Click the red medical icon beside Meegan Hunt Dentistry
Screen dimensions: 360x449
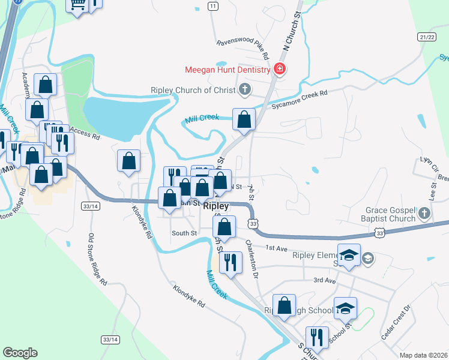(x=279, y=70)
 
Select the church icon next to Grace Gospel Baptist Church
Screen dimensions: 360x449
(x=424, y=214)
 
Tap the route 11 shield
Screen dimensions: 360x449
(x=212, y=6)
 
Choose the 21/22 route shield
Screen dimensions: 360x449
(x=427, y=37)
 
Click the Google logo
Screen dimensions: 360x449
(x=20, y=353)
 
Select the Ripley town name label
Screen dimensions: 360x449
(x=216, y=206)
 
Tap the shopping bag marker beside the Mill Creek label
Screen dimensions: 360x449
(x=244, y=119)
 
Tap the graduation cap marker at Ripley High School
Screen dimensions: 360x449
(x=345, y=308)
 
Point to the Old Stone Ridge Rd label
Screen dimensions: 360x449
(x=97, y=258)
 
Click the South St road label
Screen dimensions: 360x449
(x=184, y=233)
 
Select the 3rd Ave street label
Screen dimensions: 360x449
(x=324, y=280)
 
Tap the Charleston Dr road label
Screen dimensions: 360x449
(x=252, y=256)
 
